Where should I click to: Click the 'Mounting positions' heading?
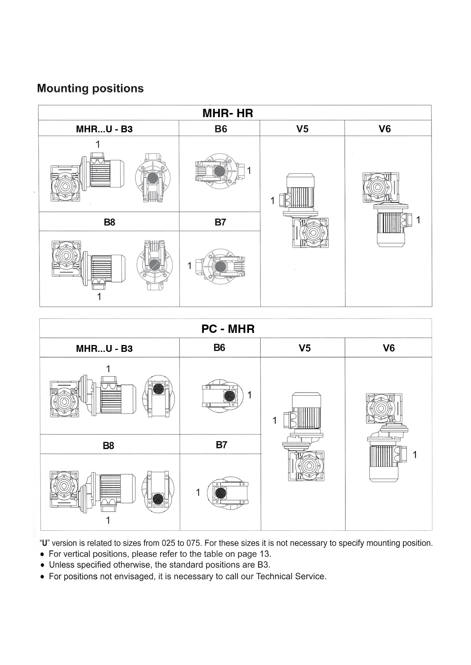(x=90, y=89)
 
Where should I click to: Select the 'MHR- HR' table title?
(x=228, y=113)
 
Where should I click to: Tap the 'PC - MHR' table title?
(x=228, y=329)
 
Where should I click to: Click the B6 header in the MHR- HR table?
(x=221, y=129)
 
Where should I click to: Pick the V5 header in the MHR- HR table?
(x=302, y=129)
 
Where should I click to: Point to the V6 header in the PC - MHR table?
(x=389, y=348)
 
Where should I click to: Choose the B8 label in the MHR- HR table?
(x=109, y=222)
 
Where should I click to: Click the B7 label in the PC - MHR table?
(x=221, y=445)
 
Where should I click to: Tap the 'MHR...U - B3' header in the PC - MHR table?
(x=104, y=348)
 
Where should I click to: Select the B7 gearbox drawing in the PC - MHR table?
(x=227, y=492)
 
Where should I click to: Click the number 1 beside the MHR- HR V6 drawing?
(x=418, y=220)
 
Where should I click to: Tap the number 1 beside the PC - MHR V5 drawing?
(x=274, y=420)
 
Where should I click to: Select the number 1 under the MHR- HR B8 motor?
(x=99, y=296)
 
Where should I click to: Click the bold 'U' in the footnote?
(x=45, y=543)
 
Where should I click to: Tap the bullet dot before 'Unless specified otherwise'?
(x=43, y=565)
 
